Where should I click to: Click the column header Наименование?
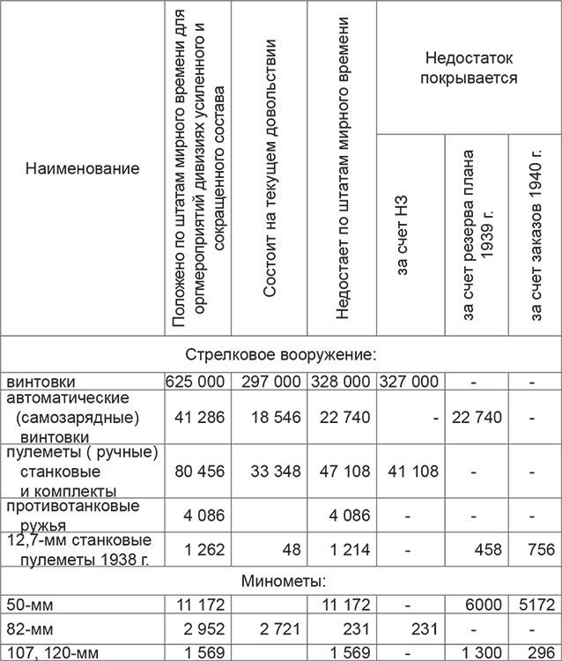(x=82, y=167)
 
